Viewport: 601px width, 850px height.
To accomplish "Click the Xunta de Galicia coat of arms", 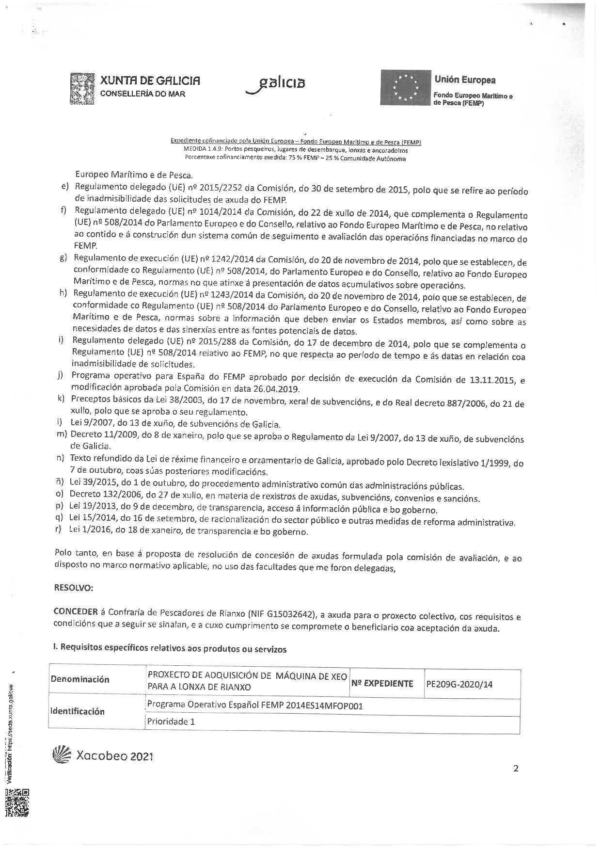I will (x=81, y=89).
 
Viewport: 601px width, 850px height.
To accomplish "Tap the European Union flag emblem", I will (x=405, y=87).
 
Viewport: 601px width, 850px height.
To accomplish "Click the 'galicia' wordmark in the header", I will (x=276, y=84).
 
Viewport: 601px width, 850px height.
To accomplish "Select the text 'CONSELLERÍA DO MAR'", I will (x=142, y=94).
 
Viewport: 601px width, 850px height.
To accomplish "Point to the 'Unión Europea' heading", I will (x=465, y=80).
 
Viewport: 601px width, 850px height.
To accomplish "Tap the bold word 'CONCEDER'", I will (x=76, y=611).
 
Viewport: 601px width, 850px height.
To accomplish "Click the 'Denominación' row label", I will (x=80, y=679).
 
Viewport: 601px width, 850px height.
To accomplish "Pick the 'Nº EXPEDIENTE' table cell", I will (x=382, y=684).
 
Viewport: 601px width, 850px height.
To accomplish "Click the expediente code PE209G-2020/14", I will (x=459, y=684).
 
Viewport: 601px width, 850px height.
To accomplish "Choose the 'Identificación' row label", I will (x=78, y=711).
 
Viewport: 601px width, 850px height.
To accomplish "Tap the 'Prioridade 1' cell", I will (x=171, y=722).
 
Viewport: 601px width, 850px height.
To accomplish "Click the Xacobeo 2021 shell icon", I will (x=61, y=755).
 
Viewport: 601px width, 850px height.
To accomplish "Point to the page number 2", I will (x=516, y=769).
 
